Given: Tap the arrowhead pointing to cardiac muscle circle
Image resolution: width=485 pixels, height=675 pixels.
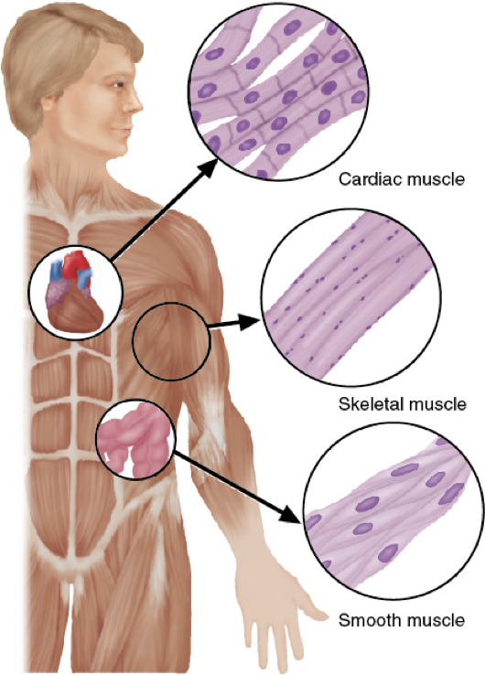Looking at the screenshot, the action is pyautogui.click(x=208, y=166).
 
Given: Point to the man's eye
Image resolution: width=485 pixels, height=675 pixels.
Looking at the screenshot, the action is pyautogui.click(x=117, y=85).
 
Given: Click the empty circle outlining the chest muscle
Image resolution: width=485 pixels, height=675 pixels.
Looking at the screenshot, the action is pyautogui.click(x=134, y=341).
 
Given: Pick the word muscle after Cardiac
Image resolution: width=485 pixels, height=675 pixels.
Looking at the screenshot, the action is pyautogui.click(x=435, y=178).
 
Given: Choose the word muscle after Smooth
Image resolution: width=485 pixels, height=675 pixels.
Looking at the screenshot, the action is pyautogui.click(x=436, y=620).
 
